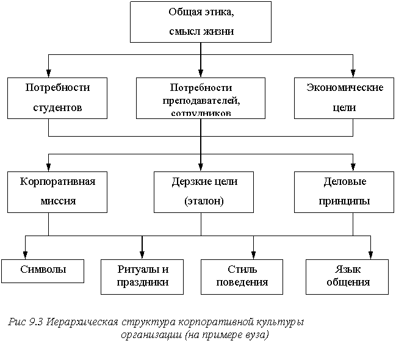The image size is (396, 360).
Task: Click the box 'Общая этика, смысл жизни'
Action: [x=201, y=22]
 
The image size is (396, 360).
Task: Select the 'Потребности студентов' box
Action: [x=57, y=98]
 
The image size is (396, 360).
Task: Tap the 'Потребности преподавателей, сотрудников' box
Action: [x=201, y=98]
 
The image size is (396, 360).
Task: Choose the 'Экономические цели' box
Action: [x=344, y=98]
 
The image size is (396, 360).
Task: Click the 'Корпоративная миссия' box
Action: [x=57, y=192]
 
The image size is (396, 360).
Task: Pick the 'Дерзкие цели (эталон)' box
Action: [x=204, y=192]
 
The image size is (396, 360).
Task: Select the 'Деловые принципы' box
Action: [x=344, y=192]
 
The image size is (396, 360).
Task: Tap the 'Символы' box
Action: [x=43, y=270]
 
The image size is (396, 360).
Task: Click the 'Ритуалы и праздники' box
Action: [x=142, y=276]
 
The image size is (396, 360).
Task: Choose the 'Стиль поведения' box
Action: [x=242, y=276]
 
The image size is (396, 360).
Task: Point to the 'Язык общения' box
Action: [x=347, y=276]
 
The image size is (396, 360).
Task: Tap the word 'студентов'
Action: [x=57, y=108]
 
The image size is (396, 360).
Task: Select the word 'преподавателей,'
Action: [x=201, y=100]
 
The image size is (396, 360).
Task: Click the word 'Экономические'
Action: [x=344, y=88]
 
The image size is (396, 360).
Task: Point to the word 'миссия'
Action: [x=57, y=201]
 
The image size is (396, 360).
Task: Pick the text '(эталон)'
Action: [x=204, y=201]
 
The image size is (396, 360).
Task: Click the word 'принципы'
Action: [x=344, y=201]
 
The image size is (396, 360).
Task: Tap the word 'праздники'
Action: [x=142, y=283]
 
